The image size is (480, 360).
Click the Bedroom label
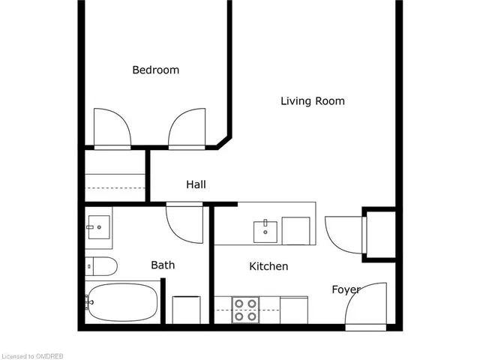click(156, 70)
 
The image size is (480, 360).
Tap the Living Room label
click(313, 100)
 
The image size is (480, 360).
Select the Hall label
click(196, 184)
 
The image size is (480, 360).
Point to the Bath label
click(163, 265)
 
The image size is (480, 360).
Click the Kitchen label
click(268, 266)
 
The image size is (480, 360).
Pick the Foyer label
click(346, 289)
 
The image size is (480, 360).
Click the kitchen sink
click(265, 231)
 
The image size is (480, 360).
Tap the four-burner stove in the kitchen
click(245, 310)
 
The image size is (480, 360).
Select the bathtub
click(122, 303)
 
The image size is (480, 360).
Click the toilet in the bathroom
click(101, 265)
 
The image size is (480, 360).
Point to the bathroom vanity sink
click(97, 226)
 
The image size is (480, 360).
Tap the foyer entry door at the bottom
click(367, 304)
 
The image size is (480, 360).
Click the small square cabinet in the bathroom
click(185, 309)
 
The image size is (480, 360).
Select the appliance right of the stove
click(293, 309)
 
